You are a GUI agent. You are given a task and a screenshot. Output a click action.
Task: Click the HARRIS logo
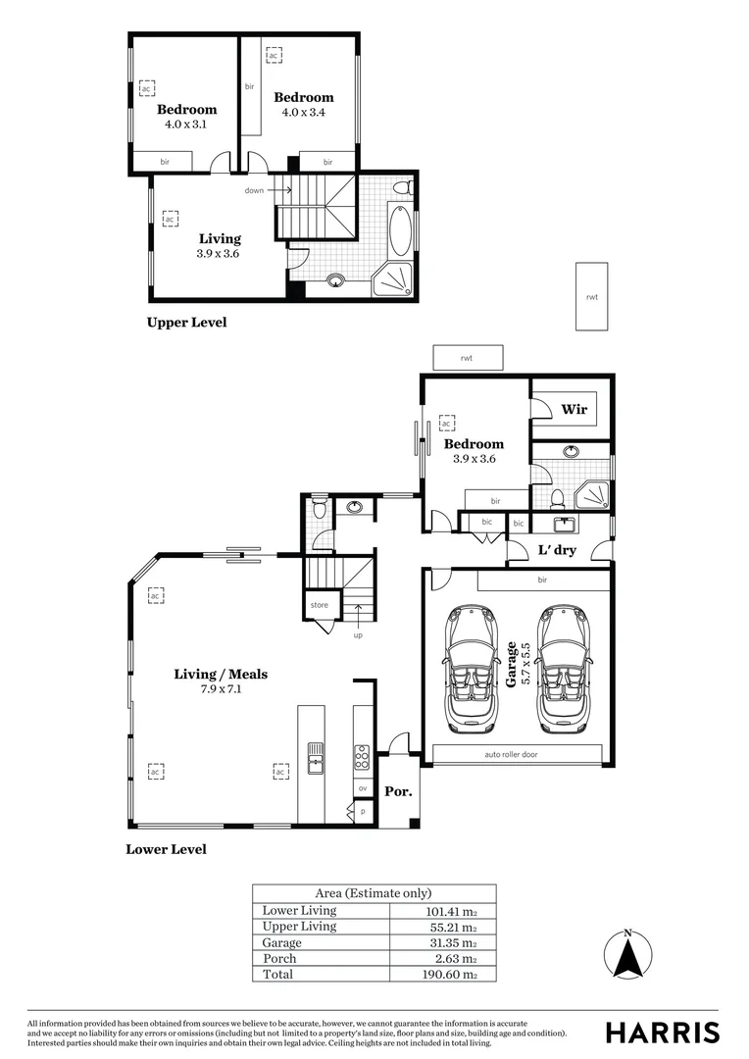pos(662,1033)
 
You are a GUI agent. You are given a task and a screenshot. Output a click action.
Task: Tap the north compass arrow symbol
pos(628,953)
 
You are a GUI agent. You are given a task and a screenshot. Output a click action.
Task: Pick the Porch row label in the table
pos(279,958)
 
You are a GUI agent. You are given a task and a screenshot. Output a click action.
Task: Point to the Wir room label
pos(574,409)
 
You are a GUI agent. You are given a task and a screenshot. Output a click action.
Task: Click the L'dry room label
pos(557,550)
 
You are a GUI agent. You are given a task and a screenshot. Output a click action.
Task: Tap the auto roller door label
pos(511,755)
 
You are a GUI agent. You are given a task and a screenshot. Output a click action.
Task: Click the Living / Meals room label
pos(221,674)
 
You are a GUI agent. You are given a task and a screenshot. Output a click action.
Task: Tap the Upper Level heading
pos(186,322)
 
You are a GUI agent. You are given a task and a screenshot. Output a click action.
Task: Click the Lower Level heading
pos(166,849)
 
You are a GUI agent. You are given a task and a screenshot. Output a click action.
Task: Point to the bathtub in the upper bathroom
pos(401,232)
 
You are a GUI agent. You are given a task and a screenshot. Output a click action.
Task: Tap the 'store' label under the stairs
pos(319,605)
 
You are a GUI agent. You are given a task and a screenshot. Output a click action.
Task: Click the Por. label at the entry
pos(397,790)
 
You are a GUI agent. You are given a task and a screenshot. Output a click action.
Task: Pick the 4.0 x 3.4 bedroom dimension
pos(303,113)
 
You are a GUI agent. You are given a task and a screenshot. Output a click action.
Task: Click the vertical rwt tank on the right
pos(591,295)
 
